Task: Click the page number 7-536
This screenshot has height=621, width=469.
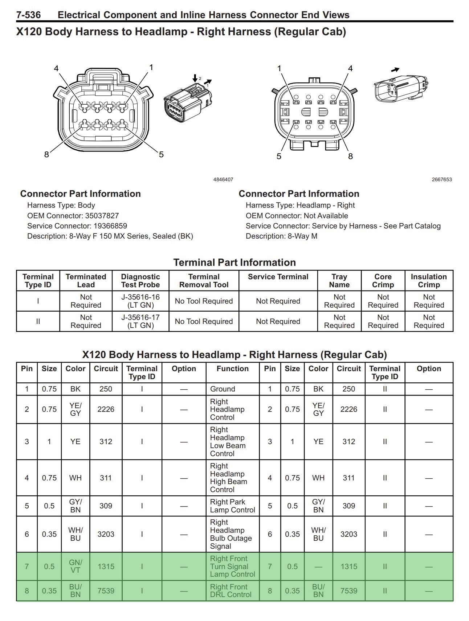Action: point(28,15)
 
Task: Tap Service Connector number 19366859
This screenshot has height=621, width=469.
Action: point(110,226)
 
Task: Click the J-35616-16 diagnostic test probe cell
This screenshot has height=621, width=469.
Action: point(140,301)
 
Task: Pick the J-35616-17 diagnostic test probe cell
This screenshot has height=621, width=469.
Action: point(140,321)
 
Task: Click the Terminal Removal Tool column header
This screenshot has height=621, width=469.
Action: point(204,281)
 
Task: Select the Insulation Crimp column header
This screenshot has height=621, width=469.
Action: point(429,281)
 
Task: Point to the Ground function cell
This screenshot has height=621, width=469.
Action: point(223,389)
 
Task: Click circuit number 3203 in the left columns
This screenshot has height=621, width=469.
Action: point(106,534)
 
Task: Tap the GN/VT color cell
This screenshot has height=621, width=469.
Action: point(76,567)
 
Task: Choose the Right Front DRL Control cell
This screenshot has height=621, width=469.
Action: point(231,591)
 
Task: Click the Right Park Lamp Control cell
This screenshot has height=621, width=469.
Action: point(232,506)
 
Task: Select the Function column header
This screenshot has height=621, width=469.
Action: point(233,369)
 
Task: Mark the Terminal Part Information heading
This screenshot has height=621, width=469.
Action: point(234,262)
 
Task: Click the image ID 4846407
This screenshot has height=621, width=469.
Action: point(223,179)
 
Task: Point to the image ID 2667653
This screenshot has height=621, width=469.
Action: point(442,179)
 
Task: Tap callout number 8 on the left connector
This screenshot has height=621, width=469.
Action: point(46,154)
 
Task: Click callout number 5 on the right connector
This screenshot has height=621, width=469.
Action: point(279,156)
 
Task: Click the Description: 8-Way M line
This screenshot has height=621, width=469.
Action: point(281,236)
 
